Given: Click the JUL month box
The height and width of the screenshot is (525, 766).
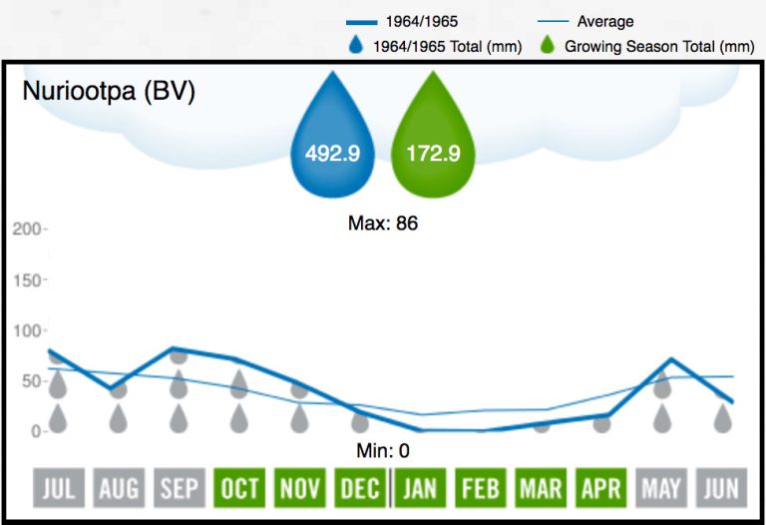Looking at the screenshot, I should tap(58, 489).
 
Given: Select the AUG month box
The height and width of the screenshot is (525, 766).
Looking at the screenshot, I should tap(119, 489).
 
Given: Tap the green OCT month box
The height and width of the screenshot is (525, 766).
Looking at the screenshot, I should tap(239, 489).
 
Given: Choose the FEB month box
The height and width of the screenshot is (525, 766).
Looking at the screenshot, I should tap(481, 489).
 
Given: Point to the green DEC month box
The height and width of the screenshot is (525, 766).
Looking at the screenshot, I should tap(359, 489).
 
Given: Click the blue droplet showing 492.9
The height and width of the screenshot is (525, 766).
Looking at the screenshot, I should tap(332, 140).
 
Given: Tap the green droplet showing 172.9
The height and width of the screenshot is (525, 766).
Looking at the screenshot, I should tap(433, 140).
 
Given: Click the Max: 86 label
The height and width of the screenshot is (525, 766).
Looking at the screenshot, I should tap(382, 224).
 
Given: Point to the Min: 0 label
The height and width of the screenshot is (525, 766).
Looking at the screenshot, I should tap(382, 451).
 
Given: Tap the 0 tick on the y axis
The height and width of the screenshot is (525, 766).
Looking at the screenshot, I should tap(35, 432).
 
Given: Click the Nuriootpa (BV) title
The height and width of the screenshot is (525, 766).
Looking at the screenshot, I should tap(109, 92).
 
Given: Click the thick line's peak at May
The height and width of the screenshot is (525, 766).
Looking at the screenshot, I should tap(672, 359).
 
